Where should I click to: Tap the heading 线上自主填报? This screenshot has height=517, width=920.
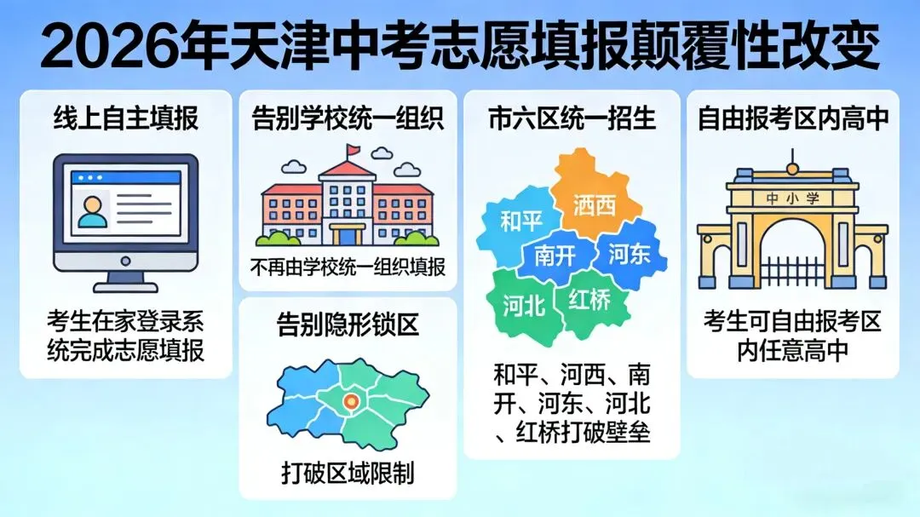(125, 118)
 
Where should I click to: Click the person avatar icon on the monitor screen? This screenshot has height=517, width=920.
(93, 208)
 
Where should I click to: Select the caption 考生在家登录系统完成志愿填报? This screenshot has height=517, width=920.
(125, 336)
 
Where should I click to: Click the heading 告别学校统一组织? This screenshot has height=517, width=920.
(348, 118)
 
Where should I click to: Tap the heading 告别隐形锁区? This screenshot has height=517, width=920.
(348, 324)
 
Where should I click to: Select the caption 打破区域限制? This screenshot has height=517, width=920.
(348, 472)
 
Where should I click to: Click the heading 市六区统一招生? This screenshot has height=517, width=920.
(572, 118)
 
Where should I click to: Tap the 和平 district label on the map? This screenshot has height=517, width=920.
(521, 222)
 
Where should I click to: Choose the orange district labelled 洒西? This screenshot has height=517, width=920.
(595, 204)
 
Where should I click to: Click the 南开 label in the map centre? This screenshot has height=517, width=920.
(555, 255)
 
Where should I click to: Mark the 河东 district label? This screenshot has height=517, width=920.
(630, 253)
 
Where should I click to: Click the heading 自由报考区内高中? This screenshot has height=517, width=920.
(793, 118)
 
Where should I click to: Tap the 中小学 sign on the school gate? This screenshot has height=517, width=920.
(792, 198)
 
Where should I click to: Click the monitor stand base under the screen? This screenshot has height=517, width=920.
(125, 284)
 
